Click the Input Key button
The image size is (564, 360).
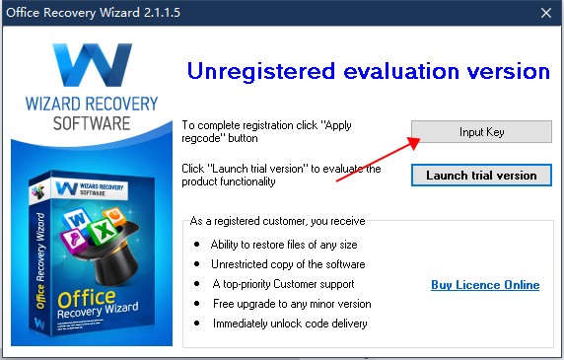(x=481, y=131)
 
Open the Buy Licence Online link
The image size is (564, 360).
(x=485, y=285)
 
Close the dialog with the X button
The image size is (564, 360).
(x=546, y=13)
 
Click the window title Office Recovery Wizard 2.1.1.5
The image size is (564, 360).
(x=93, y=13)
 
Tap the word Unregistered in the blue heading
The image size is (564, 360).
(x=261, y=71)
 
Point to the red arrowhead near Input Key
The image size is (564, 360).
(x=414, y=142)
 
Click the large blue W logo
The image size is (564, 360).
(x=92, y=65)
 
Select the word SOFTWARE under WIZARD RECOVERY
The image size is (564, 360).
(x=92, y=123)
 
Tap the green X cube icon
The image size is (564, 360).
(x=103, y=230)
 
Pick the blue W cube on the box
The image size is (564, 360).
(x=77, y=219)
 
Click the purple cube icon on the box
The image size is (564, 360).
(x=74, y=239)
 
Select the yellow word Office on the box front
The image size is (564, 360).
(x=87, y=299)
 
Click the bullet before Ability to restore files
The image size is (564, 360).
(x=197, y=245)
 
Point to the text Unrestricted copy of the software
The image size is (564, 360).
(x=288, y=264)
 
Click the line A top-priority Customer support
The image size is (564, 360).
(x=283, y=284)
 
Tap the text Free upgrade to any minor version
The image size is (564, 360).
(x=292, y=304)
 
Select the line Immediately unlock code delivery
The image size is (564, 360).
(x=290, y=324)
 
